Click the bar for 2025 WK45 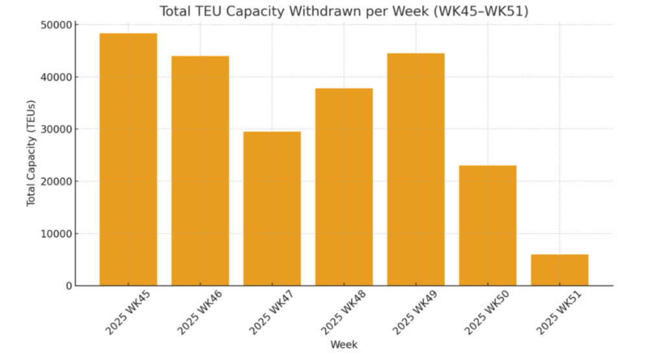(x=128, y=160)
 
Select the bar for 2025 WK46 (x=200, y=171)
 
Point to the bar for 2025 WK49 (x=416, y=170)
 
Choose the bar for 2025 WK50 (x=488, y=226)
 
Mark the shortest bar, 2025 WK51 (x=560, y=270)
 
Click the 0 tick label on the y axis (x=68, y=286)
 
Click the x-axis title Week (x=344, y=345)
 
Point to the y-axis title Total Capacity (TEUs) (x=31, y=156)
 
